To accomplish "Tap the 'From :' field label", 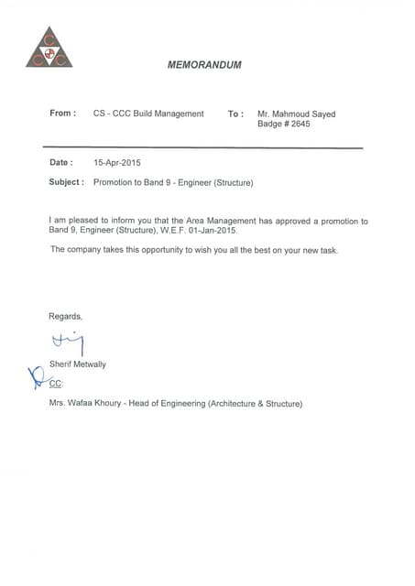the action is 63,114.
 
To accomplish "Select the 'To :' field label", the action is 235,114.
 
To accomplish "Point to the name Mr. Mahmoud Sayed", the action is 297,114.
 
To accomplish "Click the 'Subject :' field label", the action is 67,182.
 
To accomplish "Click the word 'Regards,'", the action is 65,316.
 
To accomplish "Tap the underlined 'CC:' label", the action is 56,384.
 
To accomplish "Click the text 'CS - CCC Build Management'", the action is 148,114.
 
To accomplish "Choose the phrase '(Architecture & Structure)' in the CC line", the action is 256,403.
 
